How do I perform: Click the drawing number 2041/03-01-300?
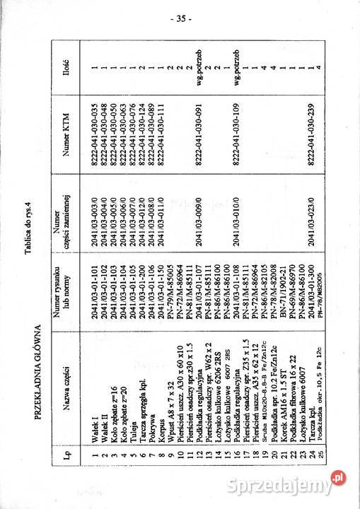tap(308, 330)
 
